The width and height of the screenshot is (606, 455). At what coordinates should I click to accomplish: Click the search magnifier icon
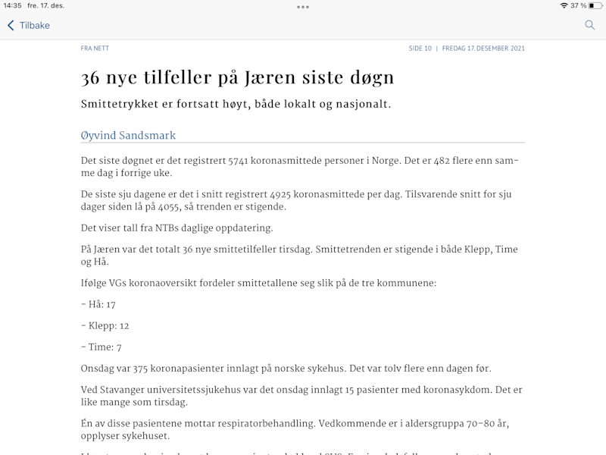click(589, 25)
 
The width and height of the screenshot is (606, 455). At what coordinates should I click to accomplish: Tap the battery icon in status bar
click(595, 5)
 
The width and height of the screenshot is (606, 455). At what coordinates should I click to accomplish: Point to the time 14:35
click(12, 5)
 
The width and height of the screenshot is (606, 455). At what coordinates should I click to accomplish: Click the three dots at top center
click(303, 7)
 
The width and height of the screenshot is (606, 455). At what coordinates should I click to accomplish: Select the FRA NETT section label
click(95, 49)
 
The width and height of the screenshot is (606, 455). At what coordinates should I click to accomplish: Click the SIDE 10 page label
click(420, 49)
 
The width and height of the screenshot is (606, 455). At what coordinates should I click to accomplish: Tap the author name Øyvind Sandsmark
click(128, 136)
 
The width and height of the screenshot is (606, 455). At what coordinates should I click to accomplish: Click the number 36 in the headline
click(92, 78)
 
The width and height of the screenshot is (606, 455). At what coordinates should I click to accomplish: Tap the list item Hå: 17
click(98, 304)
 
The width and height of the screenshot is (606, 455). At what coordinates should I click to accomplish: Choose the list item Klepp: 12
click(105, 325)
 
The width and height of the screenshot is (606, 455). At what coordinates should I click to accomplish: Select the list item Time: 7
click(102, 347)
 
